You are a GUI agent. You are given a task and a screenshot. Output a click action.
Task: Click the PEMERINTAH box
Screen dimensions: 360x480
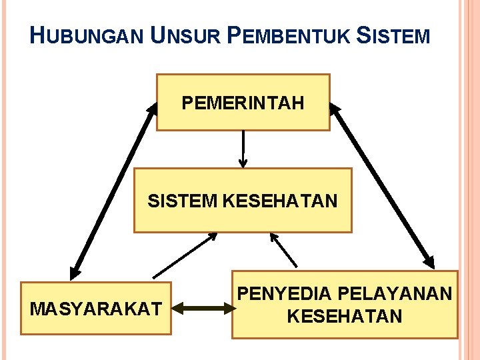243,102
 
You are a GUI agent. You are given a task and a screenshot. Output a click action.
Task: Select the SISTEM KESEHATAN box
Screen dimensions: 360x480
243,200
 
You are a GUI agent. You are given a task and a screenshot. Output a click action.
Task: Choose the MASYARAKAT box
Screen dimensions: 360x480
95,309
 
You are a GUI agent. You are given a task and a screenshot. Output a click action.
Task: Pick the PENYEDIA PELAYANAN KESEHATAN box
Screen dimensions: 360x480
345,305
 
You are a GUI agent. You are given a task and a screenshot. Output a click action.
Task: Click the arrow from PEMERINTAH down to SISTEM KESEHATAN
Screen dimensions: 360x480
243,148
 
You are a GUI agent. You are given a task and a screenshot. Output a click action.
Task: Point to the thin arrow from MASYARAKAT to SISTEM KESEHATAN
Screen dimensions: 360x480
185,255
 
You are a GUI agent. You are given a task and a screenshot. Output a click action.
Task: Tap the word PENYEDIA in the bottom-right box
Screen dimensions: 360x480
285,293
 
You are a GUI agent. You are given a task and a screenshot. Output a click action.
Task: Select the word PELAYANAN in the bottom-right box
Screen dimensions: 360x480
395,293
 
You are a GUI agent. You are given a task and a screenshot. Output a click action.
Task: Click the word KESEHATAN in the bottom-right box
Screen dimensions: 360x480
345,316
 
